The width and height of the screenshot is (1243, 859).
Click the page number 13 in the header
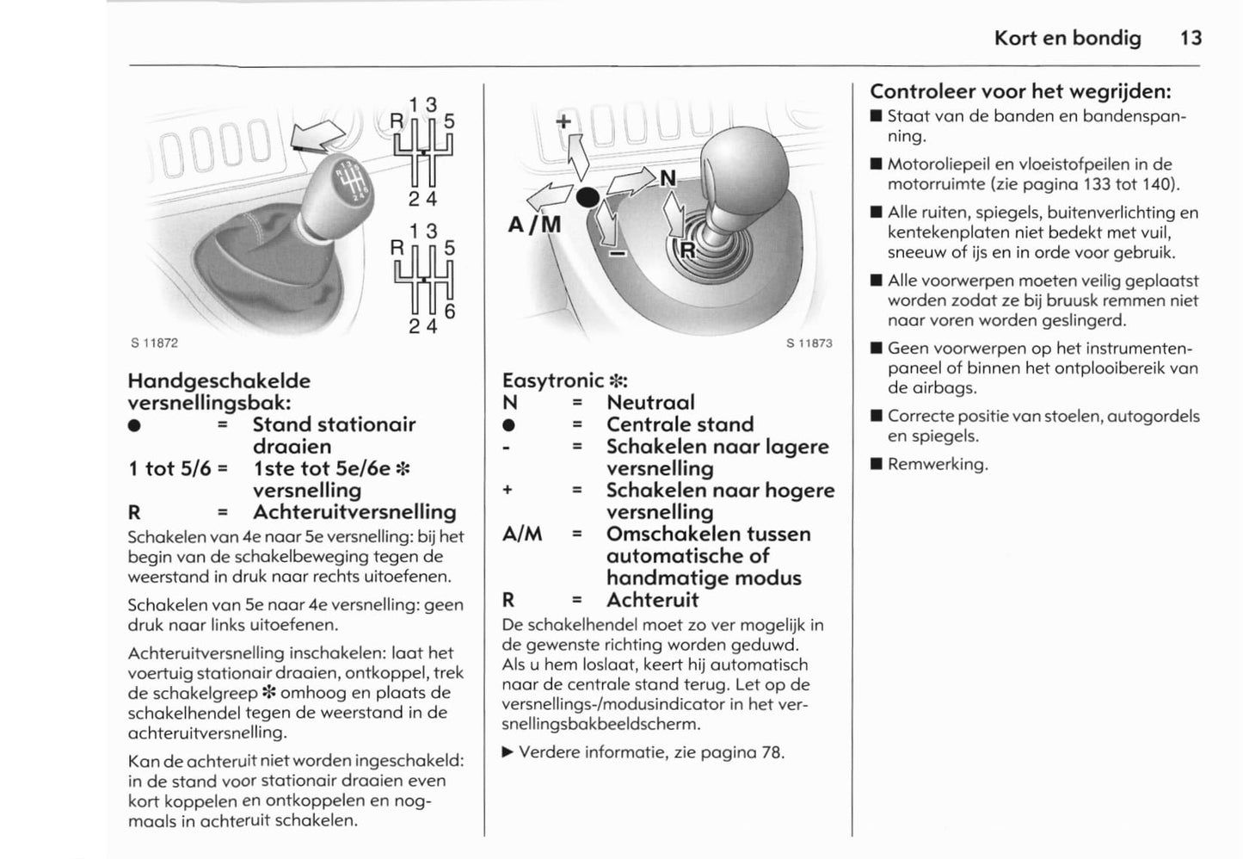point(1191,38)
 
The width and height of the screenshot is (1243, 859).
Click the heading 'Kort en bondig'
point(1067,38)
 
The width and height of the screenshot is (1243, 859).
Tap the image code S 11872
point(154,343)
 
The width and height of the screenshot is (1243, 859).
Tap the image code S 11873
point(809,343)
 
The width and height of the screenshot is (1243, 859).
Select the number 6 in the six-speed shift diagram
point(449,312)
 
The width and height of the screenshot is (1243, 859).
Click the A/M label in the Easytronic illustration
point(534,225)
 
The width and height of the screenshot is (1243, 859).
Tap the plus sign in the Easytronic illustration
point(563,121)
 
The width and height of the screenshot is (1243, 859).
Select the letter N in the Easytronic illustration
point(668,179)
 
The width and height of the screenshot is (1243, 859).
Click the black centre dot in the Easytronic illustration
point(588,197)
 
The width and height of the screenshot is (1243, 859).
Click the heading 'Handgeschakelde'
point(218,380)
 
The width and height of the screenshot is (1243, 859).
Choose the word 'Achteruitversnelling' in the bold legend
point(354,512)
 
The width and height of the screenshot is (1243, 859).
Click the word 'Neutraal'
point(650,403)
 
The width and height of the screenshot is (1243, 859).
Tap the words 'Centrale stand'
point(680,424)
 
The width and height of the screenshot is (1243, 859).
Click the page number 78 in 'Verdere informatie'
point(771,752)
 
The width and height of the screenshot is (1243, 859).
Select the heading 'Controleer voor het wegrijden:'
point(1021,91)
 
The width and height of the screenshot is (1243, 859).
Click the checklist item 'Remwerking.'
point(938,464)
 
